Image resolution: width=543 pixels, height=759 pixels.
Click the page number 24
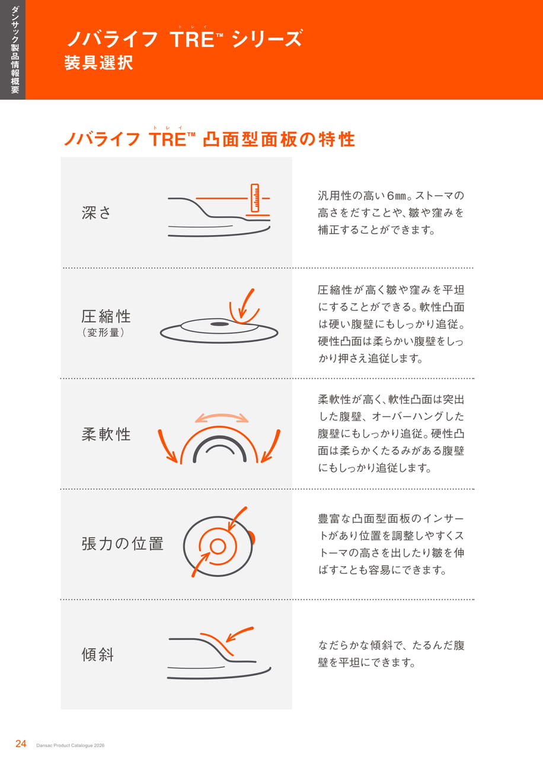pyautogui.click(x=21, y=744)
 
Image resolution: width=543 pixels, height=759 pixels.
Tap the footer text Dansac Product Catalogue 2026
pyautogui.click(x=71, y=745)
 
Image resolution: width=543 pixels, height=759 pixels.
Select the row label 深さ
pyautogui.click(x=96, y=213)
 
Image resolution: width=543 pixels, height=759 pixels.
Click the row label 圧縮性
pyautogui.click(x=106, y=316)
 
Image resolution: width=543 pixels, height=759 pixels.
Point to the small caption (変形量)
pyautogui.click(x=103, y=333)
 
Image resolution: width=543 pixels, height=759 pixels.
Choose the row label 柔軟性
pyautogui.click(x=106, y=434)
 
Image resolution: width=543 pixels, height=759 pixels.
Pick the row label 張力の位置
pyautogui.click(x=122, y=544)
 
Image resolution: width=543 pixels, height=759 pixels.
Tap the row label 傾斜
pyautogui.click(x=98, y=654)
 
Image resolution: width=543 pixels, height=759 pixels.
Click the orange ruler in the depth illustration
pyautogui.click(x=255, y=198)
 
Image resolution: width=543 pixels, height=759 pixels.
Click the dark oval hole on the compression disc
pyautogui.click(x=219, y=324)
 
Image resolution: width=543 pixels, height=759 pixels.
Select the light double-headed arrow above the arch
pyautogui.click(x=222, y=416)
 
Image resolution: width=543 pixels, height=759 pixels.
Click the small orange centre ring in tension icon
pyautogui.click(x=218, y=546)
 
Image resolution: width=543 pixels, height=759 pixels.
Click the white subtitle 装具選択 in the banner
pyautogui.click(x=98, y=63)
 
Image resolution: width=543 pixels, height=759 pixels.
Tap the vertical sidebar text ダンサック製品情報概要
pyautogui.click(x=15, y=50)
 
